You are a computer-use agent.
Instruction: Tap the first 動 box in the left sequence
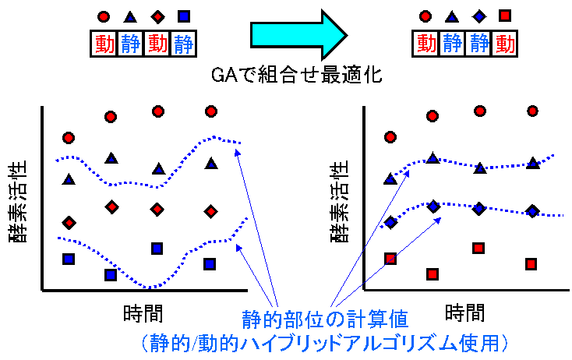[104, 44]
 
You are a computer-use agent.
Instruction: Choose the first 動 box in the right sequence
[425, 44]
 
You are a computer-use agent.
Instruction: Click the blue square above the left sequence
[183, 16]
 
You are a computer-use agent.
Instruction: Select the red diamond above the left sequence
[157, 16]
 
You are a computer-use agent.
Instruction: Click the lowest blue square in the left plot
[111, 274]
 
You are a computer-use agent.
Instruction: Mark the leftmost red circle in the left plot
[69, 138]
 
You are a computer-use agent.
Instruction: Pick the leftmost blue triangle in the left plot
[69, 179]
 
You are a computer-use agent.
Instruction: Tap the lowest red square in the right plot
[433, 274]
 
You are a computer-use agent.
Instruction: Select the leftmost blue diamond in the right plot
[390, 223]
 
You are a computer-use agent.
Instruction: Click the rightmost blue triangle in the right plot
[532, 162]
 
